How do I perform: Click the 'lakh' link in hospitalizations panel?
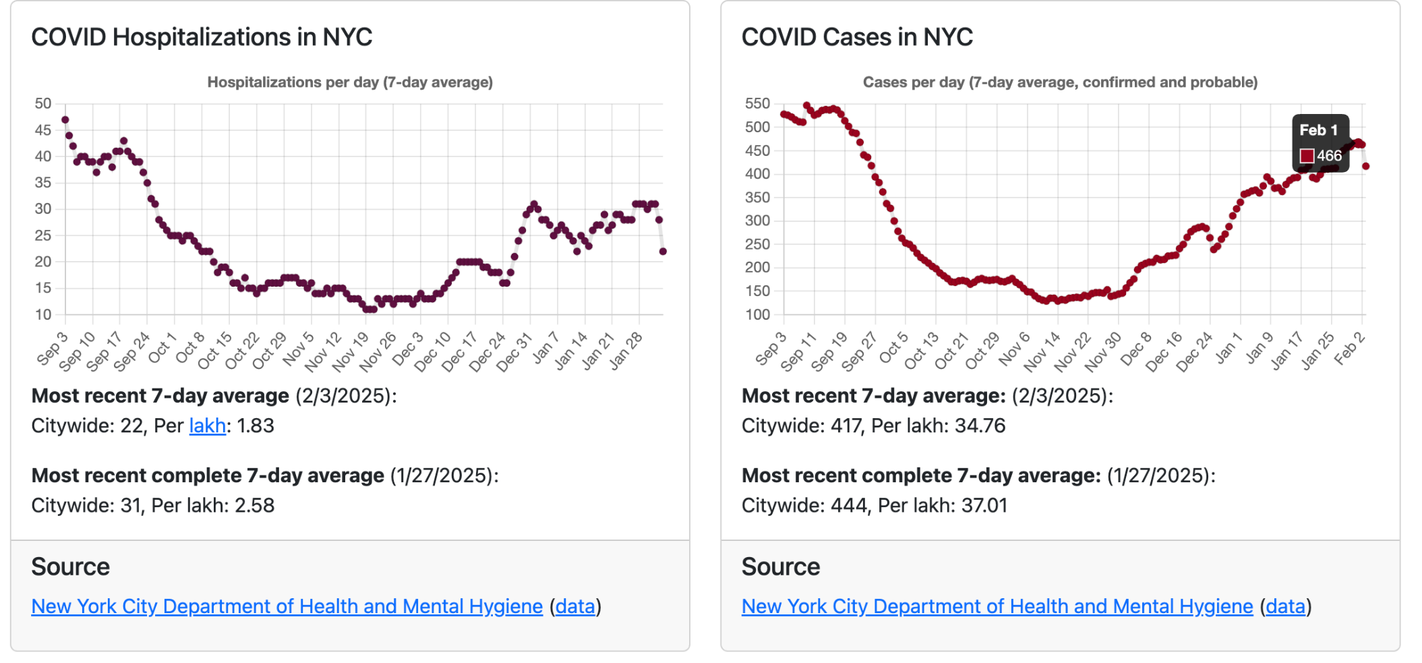coord(207,426)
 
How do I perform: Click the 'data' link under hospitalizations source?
coord(575,606)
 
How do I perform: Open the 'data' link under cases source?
coord(1285,606)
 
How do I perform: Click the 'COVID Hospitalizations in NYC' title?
coord(202,37)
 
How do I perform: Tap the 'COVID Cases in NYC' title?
coord(857,37)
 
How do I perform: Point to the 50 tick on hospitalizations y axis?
coord(43,104)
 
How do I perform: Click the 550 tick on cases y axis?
coord(757,104)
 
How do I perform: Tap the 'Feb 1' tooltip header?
coord(1318,130)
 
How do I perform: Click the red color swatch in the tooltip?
coord(1307,156)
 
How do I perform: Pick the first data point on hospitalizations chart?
coord(65,120)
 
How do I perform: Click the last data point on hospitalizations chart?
coord(663,252)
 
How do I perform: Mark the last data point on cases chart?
coord(1365,166)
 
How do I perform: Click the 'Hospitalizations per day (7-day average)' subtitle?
coord(350,82)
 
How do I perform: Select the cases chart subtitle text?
coord(1060,82)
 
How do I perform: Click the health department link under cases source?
coord(997,606)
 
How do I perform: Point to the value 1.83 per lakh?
coord(256,426)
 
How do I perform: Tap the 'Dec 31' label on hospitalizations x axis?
coord(514,351)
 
